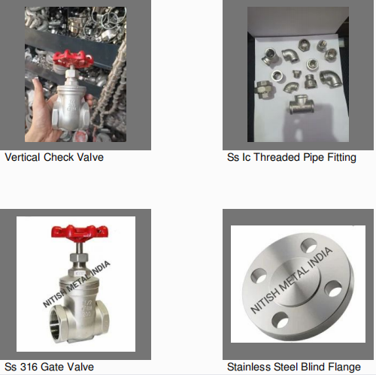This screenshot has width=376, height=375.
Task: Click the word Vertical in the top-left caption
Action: point(23,157)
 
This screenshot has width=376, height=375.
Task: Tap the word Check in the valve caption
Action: point(59,157)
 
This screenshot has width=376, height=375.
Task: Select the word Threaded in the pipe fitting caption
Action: point(277,157)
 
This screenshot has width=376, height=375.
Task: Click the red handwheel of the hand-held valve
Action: point(73,59)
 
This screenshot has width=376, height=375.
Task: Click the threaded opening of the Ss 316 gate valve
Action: point(58,323)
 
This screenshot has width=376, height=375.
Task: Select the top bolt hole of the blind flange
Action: point(309,245)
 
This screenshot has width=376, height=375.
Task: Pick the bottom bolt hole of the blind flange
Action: point(280,319)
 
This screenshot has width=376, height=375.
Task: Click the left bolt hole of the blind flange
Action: point(259,276)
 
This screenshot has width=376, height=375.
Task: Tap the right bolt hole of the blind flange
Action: point(333,289)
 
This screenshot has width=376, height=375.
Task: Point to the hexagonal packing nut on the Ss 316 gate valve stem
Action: point(79,259)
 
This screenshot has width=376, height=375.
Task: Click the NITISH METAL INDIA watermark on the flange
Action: point(292,280)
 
